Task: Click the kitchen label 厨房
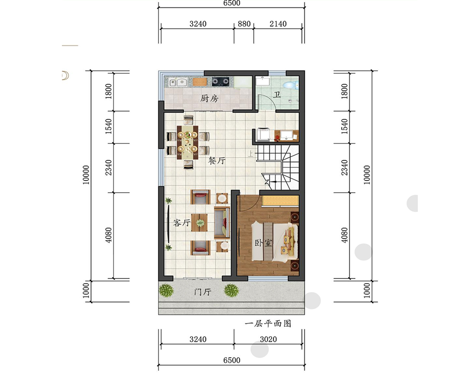209,98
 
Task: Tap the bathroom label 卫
277,95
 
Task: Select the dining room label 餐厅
217,161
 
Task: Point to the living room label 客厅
182,223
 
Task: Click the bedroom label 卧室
263,242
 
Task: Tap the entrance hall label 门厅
203,292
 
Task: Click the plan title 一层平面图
268,323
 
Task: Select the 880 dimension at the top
244,23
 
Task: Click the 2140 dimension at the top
278,23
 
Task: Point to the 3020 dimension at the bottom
268,339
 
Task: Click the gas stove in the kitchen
221,82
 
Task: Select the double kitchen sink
178,82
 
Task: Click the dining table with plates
188,142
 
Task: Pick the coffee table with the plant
199,223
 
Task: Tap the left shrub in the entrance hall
166,290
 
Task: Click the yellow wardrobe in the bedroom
280,201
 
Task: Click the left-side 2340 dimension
108,167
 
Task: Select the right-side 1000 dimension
367,290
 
